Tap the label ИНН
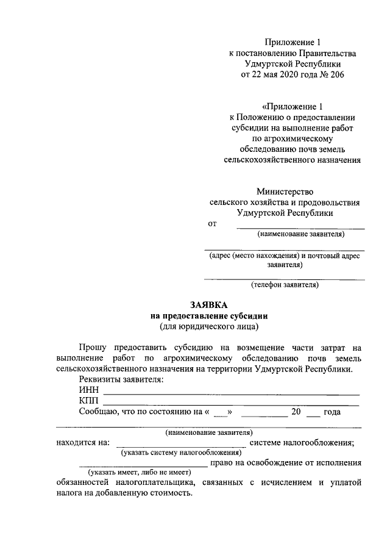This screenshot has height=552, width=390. [x=88, y=390]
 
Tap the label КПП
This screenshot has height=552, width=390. [x=89, y=401]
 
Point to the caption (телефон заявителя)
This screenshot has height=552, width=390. [x=285, y=284]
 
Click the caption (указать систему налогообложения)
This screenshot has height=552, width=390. [x=181, y=453]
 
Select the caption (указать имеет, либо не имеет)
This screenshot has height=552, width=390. [x=138, y=473]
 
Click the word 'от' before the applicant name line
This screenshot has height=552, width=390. [x=213, y=224]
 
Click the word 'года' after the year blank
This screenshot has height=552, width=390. [x=332, y=412]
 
